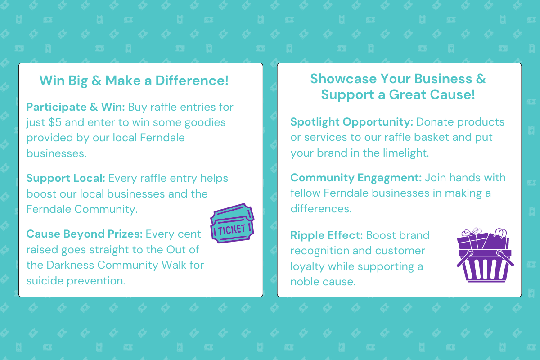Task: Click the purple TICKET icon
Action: tap(232, 223)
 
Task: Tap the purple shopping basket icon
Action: tap(485, 255)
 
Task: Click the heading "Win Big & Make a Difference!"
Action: tap(134, 81)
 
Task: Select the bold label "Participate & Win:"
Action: tap(76, 107)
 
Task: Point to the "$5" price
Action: tap(55, 122)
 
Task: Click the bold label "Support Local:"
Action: tap(66, 179)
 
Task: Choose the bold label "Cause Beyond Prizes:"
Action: tap(85, 234)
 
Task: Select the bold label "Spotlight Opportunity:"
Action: tap(352, 122)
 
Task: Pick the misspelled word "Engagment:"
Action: tap(390, 178)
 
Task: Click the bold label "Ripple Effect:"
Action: tap(327, 235)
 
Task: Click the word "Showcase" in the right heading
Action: tap(343, 79)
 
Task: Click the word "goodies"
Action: tap(205, 123)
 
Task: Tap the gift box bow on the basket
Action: tap(472, 231)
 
